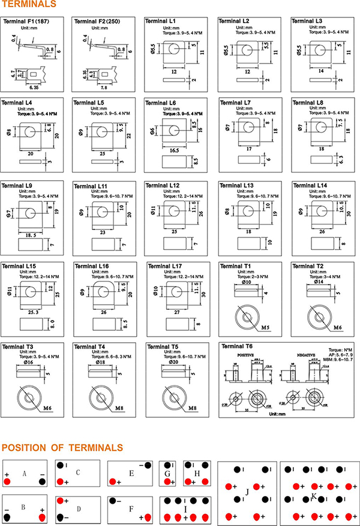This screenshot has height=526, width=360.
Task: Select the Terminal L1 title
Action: point(161,21)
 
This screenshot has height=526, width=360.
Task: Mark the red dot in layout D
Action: point(60,500)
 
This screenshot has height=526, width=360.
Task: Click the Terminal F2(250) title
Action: point(97,21)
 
